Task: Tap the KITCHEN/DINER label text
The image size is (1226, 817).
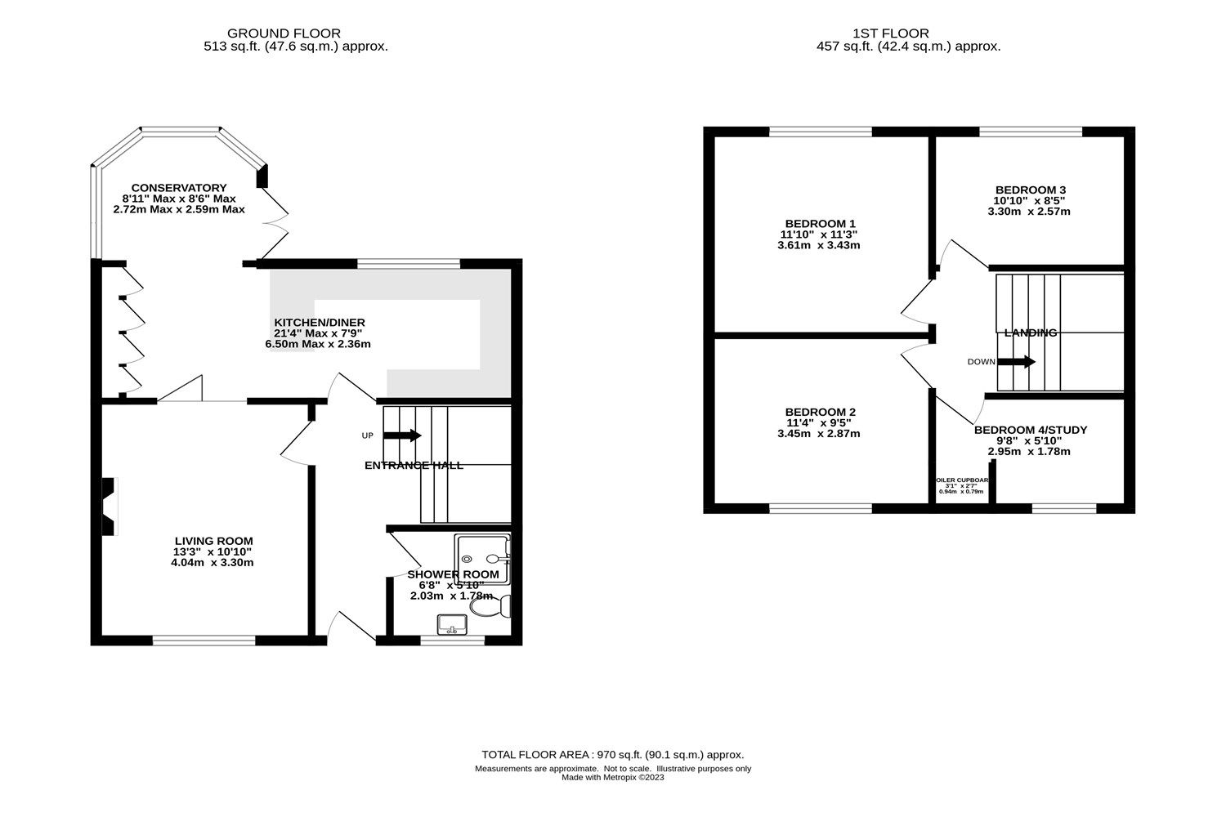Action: (x=319, y=323)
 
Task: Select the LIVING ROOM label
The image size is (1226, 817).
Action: (x=213, y=541)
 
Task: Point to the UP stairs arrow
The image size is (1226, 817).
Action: (x=401, y=435)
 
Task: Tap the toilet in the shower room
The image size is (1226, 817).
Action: (x=503, y=606)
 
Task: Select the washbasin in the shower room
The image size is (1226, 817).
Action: (x=451, y=625)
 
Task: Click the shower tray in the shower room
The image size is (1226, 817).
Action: (x=483, y=559)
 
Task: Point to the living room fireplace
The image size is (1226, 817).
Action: (x=108, y=507)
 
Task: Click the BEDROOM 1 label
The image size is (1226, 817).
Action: (x=820, y=223)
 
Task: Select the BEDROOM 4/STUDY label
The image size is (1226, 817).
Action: (x=1030, y=430)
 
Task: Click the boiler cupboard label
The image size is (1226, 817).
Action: (x=961, y=480)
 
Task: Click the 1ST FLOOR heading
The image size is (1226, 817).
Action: (x=890, y=33)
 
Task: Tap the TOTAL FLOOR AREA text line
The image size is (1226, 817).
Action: (x=612, y=755)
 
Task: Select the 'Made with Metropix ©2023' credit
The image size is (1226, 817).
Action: (x=612, y=778)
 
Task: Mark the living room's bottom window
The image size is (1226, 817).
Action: (x=204, y=641)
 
